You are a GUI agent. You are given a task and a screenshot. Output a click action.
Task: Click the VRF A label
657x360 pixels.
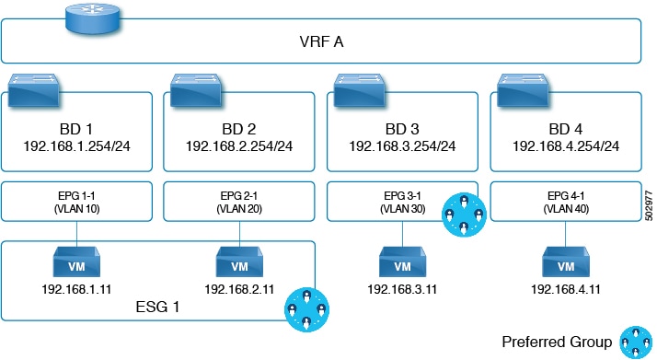click(x=321, y=42)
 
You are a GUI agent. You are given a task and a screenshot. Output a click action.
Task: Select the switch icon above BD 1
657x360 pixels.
click(x=33, y=89)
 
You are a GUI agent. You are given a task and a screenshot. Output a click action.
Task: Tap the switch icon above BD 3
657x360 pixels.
click(x=360, y=89)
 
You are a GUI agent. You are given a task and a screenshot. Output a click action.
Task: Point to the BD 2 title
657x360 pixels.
click(x=239, y=129)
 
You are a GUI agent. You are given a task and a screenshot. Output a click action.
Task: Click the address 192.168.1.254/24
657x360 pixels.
click(x=76, y=146)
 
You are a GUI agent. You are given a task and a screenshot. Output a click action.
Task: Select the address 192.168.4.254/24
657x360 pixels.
click(x=566, y=146)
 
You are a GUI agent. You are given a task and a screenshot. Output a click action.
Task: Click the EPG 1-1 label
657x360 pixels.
click(x=76, y=196)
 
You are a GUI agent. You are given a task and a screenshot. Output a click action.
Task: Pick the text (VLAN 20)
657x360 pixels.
click(x=239, y=209)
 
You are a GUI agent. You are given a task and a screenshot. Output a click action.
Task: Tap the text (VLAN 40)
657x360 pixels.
click(x=566, y=209)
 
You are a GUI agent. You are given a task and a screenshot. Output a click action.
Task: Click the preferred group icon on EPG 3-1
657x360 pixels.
click(x=464, y=215)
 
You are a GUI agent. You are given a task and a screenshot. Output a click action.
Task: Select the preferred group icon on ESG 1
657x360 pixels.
click(x=306, y=309)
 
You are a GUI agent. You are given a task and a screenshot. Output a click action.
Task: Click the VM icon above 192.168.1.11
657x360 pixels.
click(x=76, y=261)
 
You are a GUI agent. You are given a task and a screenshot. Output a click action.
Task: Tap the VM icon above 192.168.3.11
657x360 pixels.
click(x=403, y=261)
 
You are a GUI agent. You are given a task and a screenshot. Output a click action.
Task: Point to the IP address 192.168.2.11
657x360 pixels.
click(x=239, y=290)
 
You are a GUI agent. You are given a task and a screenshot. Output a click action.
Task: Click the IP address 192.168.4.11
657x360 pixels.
click(x=566, y=290)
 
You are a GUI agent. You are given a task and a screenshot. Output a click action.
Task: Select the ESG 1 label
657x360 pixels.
click(x=157, y=308)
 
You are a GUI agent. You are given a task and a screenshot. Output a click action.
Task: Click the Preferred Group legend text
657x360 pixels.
click(x=557, y=342)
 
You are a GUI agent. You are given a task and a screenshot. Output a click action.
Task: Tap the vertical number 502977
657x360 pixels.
click(x=649, y=205)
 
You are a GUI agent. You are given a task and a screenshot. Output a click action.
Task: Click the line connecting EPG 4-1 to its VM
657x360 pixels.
click(x=566, y=234)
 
